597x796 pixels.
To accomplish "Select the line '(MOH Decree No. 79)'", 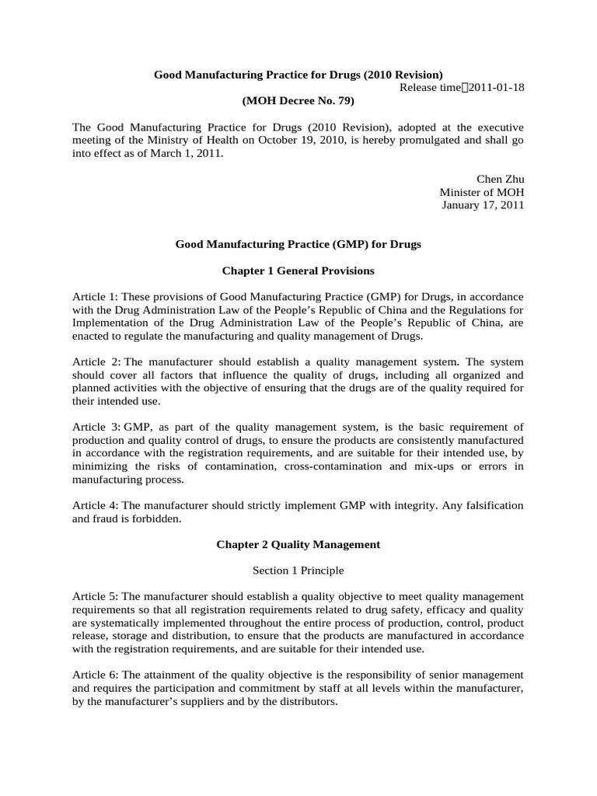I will (298, 100).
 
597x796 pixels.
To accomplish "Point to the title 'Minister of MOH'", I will (482, 192).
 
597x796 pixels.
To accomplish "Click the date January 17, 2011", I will (483, 205).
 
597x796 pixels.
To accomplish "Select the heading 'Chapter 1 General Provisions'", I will (298, 271).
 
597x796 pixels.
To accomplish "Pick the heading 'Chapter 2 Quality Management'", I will (298, 545).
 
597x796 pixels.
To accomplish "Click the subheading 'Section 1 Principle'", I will (298, 571).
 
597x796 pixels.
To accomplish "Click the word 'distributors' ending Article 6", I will (306, 701).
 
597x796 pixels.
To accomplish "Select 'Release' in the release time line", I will (418, 87).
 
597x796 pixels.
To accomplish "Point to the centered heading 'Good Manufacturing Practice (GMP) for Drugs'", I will (298, 245).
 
